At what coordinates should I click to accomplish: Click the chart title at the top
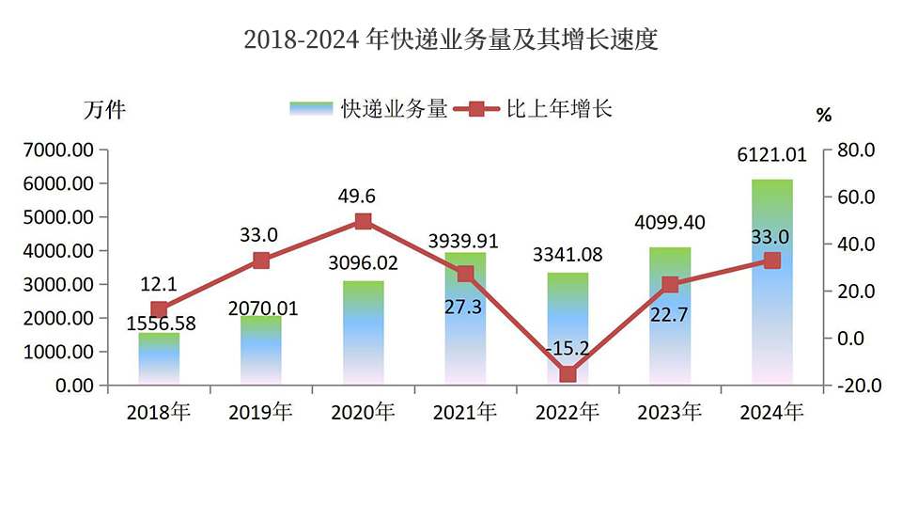click(450, 39)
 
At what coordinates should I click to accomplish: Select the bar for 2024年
click(771, 282)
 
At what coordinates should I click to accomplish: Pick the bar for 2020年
click(364, 333)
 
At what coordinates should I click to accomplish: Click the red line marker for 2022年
click(568, 374)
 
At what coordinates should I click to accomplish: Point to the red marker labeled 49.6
click(364, 222)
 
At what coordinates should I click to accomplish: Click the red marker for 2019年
click(261, 260)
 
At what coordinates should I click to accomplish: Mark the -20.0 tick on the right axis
click(853, 386)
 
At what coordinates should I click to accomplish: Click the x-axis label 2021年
click(464, 412)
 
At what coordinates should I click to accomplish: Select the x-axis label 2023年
click(669, 412)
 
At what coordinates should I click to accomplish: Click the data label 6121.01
click(771, 156)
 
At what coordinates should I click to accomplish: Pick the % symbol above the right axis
click(824, 116)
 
